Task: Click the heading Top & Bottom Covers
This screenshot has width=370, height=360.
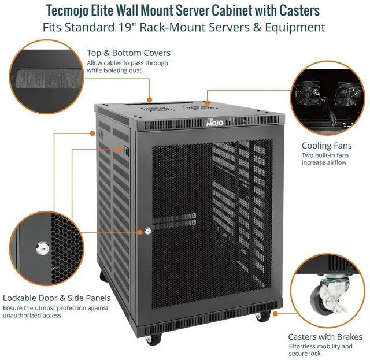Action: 128,53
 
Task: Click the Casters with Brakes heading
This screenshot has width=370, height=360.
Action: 325,336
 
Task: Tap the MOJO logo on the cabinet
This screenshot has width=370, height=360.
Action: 214,123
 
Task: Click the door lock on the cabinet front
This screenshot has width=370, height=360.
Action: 147,231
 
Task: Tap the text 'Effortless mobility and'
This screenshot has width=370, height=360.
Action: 320,346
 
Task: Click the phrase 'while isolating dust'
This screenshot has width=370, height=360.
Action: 114,70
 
